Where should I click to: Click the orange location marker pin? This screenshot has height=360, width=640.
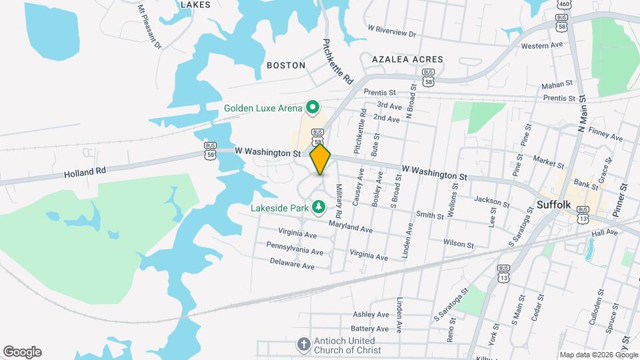click(x=320, y=159)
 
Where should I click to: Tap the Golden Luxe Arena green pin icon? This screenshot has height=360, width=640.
click(x=311, y=107)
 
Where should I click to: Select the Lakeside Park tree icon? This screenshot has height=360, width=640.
click(x=319, y=207)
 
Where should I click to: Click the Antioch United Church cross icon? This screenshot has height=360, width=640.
click(x=303, y=345)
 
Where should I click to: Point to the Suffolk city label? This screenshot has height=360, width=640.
click(x=555, y=205)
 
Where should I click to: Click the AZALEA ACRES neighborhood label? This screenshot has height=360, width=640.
click(x=407, y=59)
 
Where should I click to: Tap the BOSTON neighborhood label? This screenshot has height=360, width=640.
click(x=285, y=65)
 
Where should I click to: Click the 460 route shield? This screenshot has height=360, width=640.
click(x=564, y=4)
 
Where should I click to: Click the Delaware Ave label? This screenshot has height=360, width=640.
click(x=292, y=265)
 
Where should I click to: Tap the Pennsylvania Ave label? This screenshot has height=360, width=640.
click(x=295, y=250)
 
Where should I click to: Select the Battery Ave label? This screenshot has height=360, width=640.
click(x=369, y=329)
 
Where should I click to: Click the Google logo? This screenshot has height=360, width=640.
click(x=22, y=352)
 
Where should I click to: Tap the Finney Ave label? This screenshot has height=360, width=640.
click(x=607, y=137)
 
